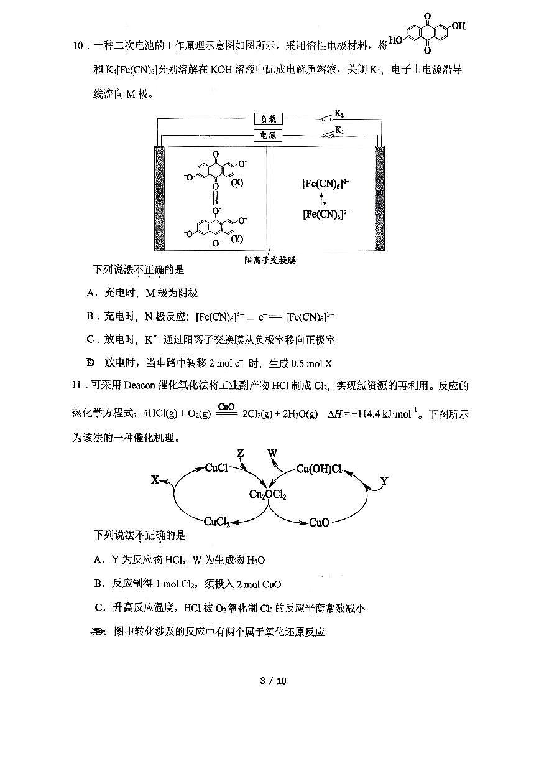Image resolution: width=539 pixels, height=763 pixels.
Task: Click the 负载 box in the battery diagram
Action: click(x=268, y=119)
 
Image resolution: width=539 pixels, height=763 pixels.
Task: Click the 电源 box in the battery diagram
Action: click(x=268, y=135)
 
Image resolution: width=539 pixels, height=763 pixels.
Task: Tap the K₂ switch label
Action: click(x=339, y=114)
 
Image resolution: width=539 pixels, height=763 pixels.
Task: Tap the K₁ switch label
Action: click(x=339, y=130)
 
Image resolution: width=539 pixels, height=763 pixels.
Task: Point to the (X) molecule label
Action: click(x=237, y=184)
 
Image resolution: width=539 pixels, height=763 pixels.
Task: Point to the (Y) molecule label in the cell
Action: click(x=237, y=239)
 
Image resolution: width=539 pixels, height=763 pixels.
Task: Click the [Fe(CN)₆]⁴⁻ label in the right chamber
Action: click(x=325, y=184)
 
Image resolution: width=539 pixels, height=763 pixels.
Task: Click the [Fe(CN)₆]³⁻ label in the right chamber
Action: click(x=325, y=215)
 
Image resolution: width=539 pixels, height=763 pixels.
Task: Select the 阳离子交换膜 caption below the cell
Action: click(x=270, y=260)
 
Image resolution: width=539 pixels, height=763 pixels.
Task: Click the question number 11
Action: click(x=78, y=385)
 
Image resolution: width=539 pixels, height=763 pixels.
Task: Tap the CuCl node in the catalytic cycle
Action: click(x=216, y=468)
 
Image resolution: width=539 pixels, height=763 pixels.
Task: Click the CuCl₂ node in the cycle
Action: click(x=217, y=522)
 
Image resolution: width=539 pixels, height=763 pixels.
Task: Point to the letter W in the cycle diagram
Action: click(x=272, y=452)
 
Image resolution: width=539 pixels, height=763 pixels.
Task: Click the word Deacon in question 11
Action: click(x=142, y=385)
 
